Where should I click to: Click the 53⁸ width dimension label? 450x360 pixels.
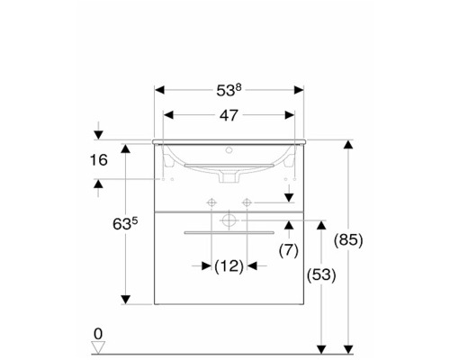229,90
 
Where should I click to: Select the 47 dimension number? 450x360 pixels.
229,115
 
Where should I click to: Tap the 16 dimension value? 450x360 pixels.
99,160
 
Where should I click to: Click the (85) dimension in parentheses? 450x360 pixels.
348,240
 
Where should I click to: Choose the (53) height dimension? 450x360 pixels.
321,274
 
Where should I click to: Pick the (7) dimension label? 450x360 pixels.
289,250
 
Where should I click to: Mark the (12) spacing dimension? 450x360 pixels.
229,266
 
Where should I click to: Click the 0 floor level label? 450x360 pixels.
98,334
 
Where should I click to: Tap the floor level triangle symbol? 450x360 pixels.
98,347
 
